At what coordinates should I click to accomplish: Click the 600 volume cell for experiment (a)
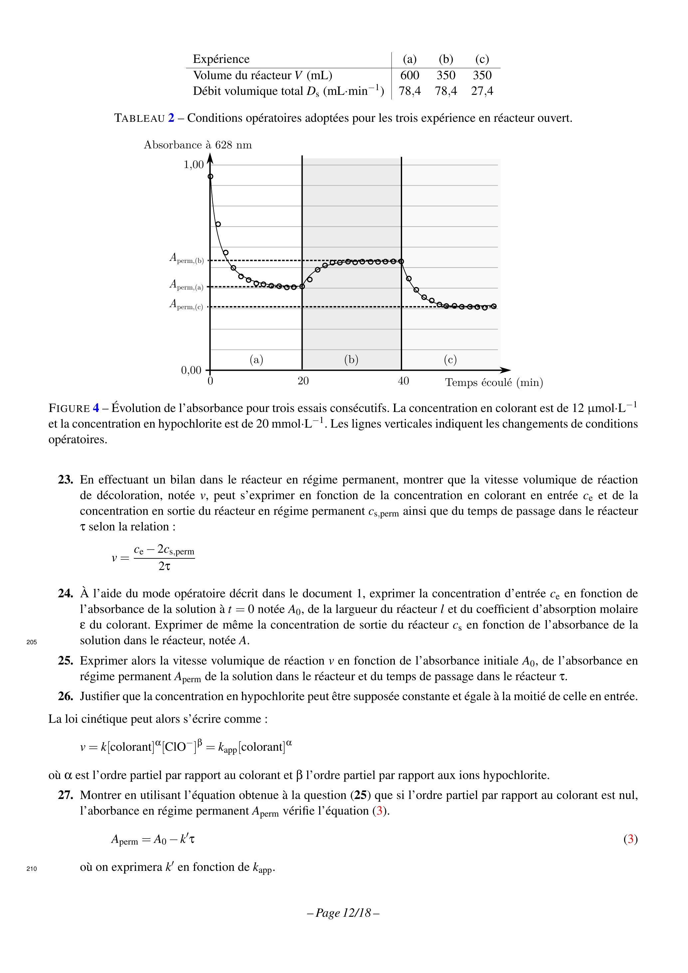pos(409,76)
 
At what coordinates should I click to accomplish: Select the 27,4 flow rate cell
pos(482,91)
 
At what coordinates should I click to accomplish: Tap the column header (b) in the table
pos(446,59)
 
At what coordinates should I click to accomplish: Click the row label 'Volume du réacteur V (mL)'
pos(262,76)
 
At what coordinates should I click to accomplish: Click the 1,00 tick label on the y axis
pos(193,165)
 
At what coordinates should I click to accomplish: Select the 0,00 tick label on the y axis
pos(191,370)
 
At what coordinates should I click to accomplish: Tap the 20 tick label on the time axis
pos(303,381)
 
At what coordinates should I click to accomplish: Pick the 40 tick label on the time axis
pos(403,381)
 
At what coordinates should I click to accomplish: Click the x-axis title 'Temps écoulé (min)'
pos(494,383)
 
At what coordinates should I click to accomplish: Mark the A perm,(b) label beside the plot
pos(186,258)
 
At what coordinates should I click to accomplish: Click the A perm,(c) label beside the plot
pos(186,304)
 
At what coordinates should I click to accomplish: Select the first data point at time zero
pos(210,176)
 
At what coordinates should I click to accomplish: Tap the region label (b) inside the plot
pos(351,360)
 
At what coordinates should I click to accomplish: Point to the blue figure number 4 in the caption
pos(96,408)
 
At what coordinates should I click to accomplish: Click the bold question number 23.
pos(66,480)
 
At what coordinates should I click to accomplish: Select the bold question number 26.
pos(66,696)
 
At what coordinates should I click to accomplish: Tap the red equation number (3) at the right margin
pos(630,839)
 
